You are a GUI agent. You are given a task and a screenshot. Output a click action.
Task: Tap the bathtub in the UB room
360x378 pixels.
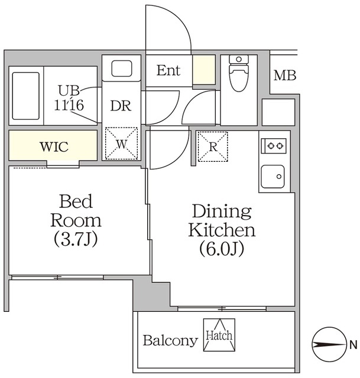click(26, 96)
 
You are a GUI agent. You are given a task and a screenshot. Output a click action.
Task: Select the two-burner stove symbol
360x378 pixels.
click(274, 146)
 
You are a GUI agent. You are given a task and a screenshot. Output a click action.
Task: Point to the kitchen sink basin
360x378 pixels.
click(273, 177)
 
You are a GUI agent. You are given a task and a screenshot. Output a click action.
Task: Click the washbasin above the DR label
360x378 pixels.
click(122, 69)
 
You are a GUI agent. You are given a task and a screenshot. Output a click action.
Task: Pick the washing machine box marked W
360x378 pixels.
click(121, 144)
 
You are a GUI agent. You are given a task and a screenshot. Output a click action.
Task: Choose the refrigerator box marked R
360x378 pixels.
click(213, 146)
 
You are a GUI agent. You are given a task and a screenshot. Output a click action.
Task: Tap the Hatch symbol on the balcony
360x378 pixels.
click(219, 335)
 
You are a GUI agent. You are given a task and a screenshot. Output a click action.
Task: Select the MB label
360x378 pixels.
click(285, 76)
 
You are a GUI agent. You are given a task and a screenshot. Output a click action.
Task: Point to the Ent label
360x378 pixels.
click(168, 70)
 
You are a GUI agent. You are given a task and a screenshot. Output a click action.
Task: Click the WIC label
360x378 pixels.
click(54, 146)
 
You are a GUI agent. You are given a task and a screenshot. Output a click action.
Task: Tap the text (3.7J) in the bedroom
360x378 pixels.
click(76, 239)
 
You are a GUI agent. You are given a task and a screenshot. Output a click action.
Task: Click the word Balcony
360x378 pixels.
click(170, 341)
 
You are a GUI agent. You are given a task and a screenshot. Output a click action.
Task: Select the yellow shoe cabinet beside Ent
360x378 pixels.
click(204, 70)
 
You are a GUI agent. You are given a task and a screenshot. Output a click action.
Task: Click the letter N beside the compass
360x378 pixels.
click(353, 345)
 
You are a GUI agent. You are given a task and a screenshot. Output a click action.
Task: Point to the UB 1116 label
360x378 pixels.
click(69, 98)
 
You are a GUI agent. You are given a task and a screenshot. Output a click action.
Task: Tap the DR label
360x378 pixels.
click(121, 106)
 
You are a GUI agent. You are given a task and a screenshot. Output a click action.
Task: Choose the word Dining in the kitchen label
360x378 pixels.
click(222, 211)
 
